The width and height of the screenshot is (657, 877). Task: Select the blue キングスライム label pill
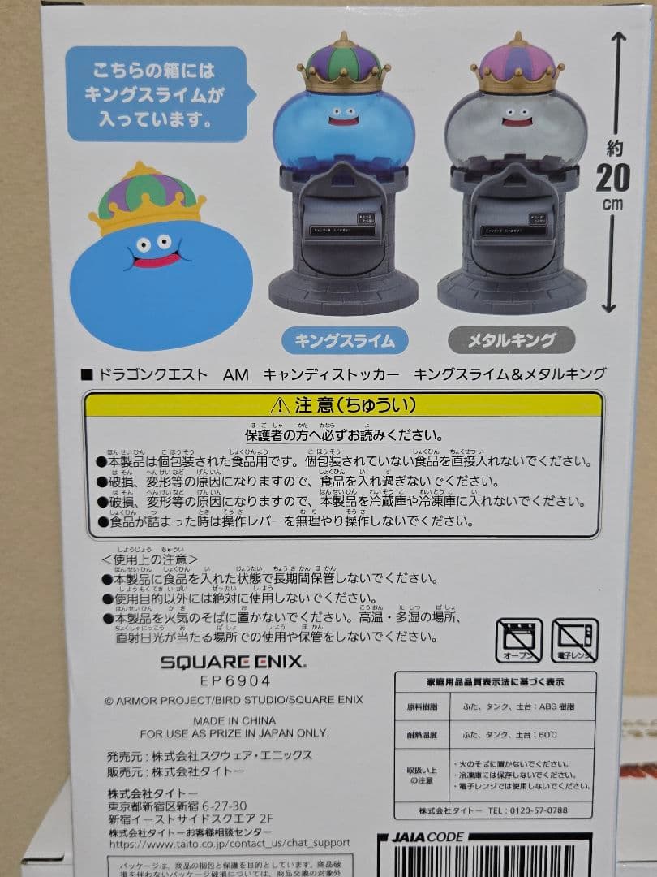[345, 340]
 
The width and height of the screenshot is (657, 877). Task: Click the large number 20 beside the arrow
[612, 178]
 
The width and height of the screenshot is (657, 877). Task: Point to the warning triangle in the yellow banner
[280, 404]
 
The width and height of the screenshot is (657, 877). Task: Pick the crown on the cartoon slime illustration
[146, 199]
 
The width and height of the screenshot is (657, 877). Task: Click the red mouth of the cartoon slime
[157, 261]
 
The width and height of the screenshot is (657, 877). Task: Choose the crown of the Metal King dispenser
[517, 65]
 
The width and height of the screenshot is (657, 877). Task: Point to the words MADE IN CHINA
[234, 720]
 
